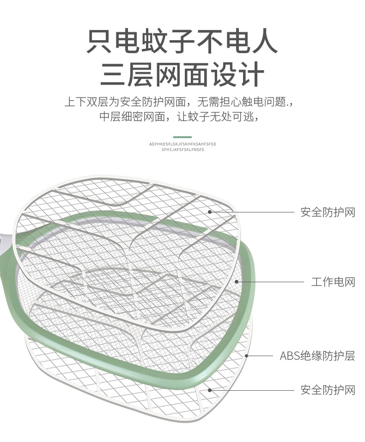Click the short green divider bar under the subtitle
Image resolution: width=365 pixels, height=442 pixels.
tap(182, 137)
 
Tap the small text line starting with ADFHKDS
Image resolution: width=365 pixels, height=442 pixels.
tap(182, 144)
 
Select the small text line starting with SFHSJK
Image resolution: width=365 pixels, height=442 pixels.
tap(182, 150)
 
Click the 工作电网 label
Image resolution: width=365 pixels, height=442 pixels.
tap(333, 282)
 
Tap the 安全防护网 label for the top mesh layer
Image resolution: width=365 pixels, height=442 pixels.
tap(328, 212)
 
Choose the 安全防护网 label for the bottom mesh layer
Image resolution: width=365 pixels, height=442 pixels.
tap(328, 390)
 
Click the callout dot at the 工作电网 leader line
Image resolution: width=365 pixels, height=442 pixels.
tap(237, 281)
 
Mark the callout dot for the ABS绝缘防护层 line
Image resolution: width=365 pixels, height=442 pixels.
tap(247, 356)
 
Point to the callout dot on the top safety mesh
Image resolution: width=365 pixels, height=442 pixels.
tap(209, 212)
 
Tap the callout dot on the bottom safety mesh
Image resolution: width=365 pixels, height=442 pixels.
tap(209, 390)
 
